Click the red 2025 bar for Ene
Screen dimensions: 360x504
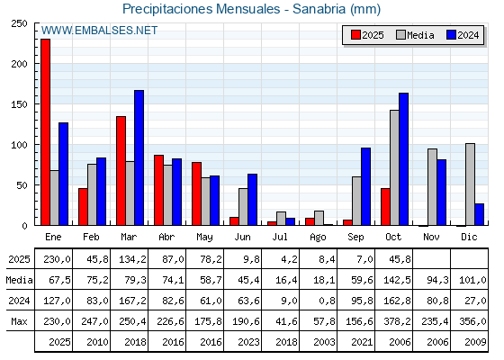click(x=45, y=132)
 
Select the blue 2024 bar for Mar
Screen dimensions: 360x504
click(x=139, y=157)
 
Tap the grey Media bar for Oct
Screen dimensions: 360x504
click(x=394, y=167)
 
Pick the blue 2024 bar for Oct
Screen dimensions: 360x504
click(x=403, y=159)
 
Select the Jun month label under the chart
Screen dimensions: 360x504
click(x=243, y=236)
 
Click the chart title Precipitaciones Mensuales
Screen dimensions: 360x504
click(x=251, y=9)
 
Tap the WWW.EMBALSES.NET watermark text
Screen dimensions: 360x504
click(x=99, y=31)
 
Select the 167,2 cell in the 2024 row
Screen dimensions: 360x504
click(x=130, y=301)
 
